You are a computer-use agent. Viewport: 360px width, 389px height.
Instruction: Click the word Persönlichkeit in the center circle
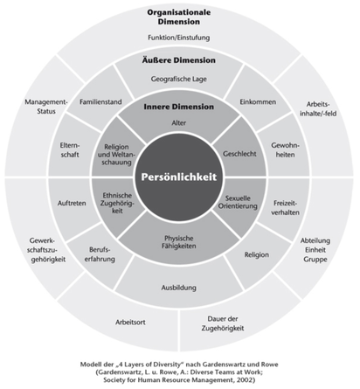179,177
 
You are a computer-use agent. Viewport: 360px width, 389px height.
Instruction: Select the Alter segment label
179,122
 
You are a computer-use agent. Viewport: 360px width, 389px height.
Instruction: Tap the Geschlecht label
239,154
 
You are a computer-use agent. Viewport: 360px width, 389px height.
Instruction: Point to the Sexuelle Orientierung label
238,202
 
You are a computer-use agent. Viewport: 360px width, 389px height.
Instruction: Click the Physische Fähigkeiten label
179,242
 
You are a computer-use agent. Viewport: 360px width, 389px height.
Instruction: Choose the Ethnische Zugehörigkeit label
117,203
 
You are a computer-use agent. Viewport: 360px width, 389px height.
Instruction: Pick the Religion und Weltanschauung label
116,155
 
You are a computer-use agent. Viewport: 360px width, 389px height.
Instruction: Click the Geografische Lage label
179,79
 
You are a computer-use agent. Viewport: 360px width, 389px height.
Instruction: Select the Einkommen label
258,101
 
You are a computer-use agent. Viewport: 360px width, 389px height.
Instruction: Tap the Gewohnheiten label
285,149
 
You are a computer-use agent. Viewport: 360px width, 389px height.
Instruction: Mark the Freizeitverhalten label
285,208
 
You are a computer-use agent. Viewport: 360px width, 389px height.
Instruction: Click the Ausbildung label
179,288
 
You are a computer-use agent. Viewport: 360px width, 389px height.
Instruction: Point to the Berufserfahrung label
100,254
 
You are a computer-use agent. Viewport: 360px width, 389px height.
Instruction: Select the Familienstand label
100,101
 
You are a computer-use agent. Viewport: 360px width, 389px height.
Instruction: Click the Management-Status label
46,107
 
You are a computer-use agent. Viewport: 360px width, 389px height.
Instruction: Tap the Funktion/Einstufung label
179,38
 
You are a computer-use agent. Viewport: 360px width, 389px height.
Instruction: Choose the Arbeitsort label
130,322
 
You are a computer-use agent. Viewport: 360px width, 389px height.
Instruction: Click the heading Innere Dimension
179,107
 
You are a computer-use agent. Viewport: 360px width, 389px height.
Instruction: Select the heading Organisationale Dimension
179,17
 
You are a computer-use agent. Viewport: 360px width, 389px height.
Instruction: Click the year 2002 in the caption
246,380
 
